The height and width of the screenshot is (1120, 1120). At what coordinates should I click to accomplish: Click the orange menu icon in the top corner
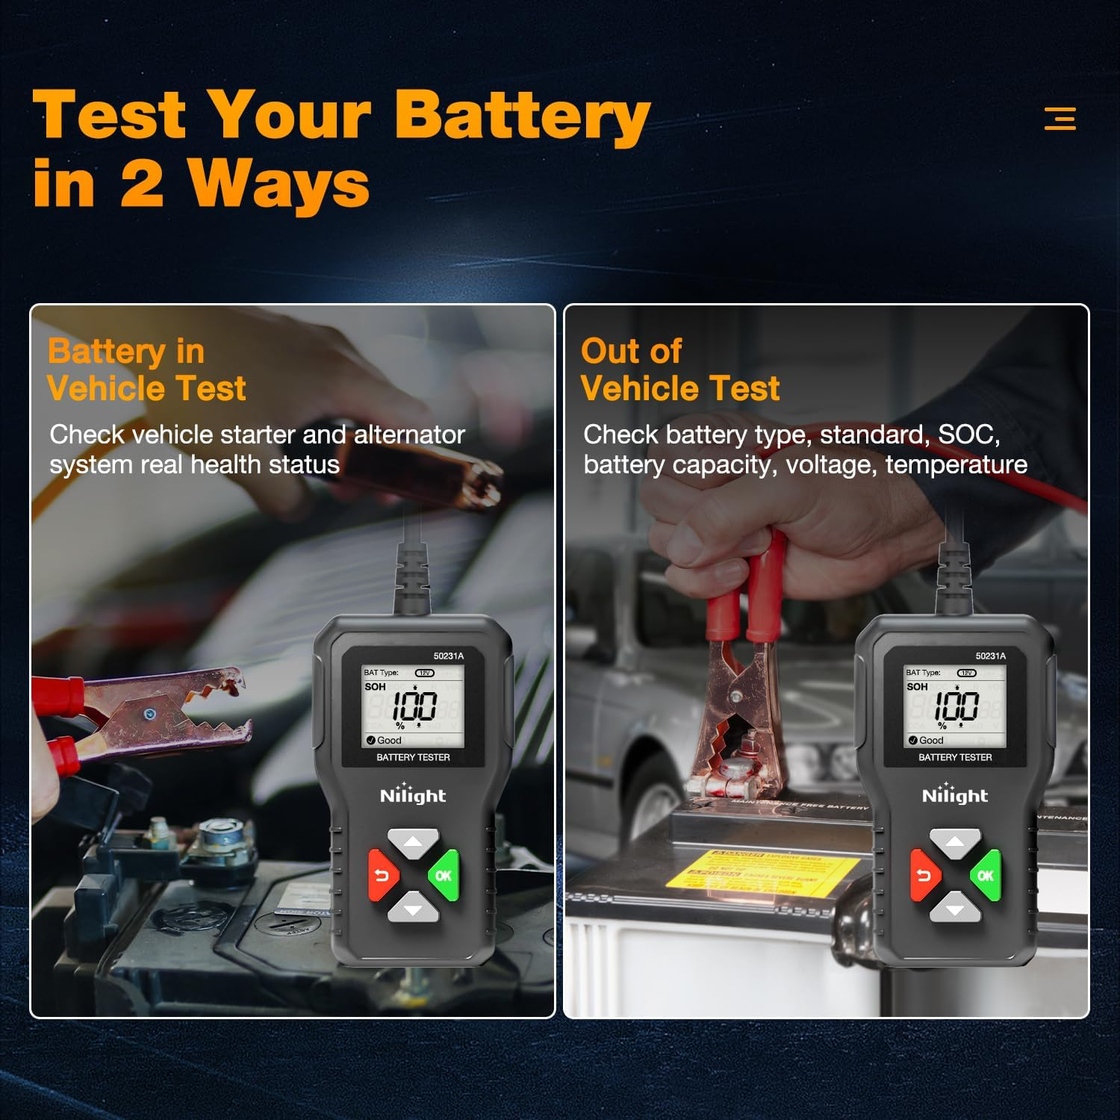click(x=1060, y=119)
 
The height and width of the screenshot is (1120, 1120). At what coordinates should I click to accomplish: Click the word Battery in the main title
click(x=522, y=116)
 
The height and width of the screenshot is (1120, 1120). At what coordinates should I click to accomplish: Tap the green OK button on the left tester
click(x=444, y=875)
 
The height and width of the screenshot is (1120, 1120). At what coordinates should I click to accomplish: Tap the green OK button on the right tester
click(x=986, y=875)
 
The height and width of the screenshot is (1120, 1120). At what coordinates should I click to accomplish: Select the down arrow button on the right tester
click(x=955, y=908)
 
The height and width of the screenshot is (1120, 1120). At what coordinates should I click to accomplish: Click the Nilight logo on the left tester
click(x=413, y=795)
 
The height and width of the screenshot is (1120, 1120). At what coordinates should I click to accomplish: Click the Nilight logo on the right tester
click(x=955, y=795)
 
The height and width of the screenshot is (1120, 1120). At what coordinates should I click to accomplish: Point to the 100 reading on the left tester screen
click(x=415, y=706)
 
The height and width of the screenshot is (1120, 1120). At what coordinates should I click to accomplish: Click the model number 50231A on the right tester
click(x=990, y=656)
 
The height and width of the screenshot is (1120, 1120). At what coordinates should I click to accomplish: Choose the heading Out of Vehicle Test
click(x=679, y=370)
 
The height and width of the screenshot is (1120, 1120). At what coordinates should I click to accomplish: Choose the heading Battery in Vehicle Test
click(x=146, y=370)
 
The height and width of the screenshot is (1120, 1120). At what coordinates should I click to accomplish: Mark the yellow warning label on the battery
click(x=762, y=870)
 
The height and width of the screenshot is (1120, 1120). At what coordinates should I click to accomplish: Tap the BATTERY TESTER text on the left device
click(x=413, y=757)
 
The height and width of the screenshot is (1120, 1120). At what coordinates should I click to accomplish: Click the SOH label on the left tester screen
click(x=375, y=687)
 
